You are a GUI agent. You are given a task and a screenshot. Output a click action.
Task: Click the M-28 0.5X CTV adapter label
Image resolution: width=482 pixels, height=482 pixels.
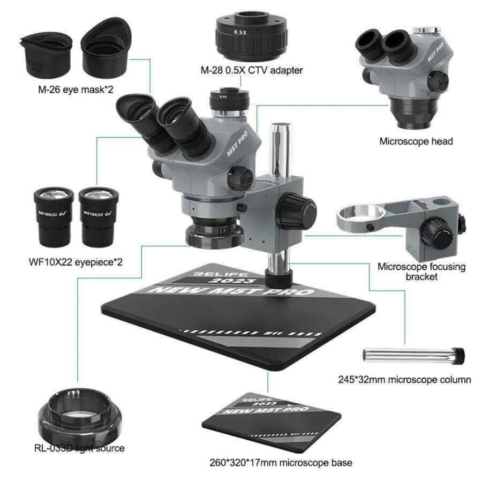[x=252, y=70]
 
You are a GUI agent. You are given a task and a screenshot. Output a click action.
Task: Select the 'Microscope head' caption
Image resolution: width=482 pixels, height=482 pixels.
[x=416, y=141]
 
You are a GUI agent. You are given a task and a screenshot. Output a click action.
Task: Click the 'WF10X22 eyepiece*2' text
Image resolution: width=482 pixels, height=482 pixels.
[x=76, y=262]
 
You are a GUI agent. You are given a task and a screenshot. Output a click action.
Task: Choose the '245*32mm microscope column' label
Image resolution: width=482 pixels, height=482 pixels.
[x=413, y=380]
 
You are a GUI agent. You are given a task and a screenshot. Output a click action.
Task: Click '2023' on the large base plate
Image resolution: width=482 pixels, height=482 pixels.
[x=222, y=281]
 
